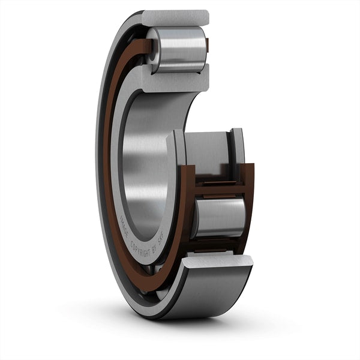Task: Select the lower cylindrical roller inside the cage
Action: (219, 217)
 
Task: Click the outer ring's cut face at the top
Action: (175, 18)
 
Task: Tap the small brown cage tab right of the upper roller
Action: (207, 45)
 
